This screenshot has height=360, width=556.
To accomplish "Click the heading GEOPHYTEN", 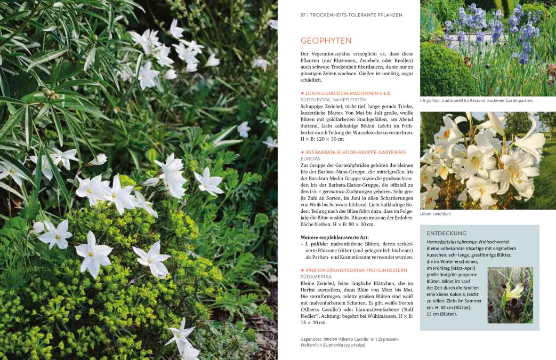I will [x=326, y=41].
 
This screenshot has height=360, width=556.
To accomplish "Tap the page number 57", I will [x=303, y=14].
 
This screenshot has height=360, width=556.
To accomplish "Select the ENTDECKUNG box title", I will [x=447, y=233].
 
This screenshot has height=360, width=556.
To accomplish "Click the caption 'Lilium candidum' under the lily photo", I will [x=435, y=214].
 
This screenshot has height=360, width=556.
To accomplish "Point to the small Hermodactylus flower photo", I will [x=510, y=295].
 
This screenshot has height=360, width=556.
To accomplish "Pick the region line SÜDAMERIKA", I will [x=316, y=277].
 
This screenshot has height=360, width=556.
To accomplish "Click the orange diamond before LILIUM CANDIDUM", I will [x=302, y=93].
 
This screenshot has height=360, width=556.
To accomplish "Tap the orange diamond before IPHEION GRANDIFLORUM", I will [x=302, y=270].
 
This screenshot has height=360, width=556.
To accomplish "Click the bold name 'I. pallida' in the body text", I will [x=317, y=244].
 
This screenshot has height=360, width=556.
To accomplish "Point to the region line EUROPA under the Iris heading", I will [x=310, y=158].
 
